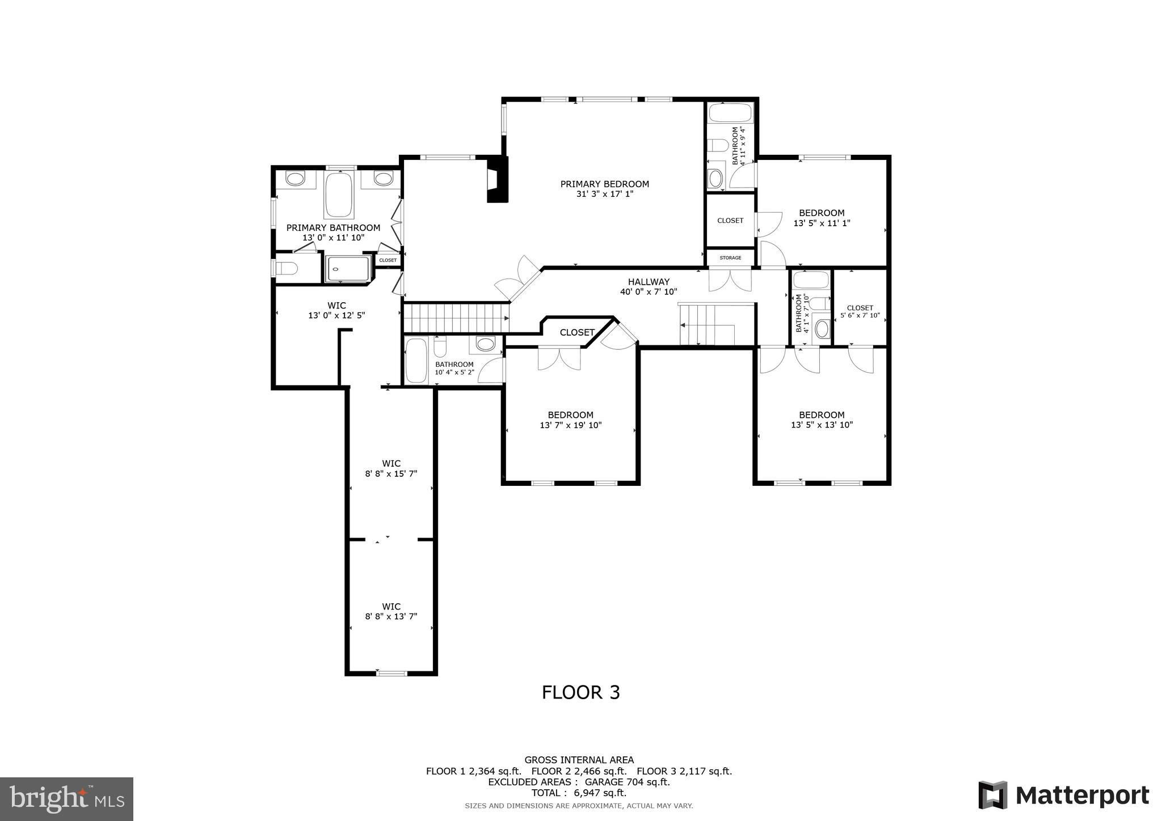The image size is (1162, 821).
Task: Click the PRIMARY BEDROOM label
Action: (x=604, y=184)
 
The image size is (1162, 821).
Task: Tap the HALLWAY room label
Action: (x=649, y=282)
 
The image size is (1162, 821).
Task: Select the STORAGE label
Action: (x=730, y=258)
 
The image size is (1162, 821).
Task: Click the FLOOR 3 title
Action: (x=580, y=692)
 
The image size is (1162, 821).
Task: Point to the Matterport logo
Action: (x=1063, y=795)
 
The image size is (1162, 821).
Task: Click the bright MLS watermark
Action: (x=67, y=799)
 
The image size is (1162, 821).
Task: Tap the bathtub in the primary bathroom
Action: (x=339, y=194)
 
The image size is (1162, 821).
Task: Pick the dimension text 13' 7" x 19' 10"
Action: (x=570, y=425)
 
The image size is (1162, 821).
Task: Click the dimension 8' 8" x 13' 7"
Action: (x=391, y=616)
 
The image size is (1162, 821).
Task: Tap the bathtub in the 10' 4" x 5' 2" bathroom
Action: (x=417, y=360)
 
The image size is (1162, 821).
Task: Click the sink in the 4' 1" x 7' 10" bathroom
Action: (x=821, y=328)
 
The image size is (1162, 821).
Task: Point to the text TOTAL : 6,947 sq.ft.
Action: (x=579, y=793)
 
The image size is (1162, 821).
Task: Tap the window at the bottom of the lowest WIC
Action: (x=391, y=673)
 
